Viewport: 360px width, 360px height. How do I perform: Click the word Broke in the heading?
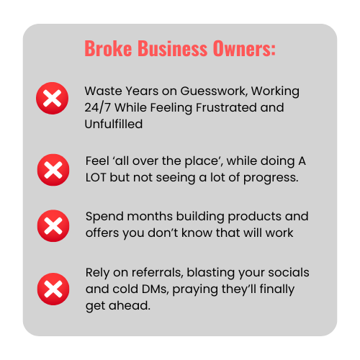pos(108,48)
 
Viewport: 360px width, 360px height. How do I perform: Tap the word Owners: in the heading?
pos(244,48)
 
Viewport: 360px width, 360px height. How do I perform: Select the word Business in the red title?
pos(173,48)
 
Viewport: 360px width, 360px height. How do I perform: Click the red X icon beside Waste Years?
pos(53,98)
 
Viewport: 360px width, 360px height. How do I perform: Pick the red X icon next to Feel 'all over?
pos(53,170)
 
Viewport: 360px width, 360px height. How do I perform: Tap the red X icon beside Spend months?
pos(53,226)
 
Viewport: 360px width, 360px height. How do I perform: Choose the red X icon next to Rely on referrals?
pos(53,289)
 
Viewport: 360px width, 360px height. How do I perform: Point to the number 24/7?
pos(97,107)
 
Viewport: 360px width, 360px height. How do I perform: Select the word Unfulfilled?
pos(114,124)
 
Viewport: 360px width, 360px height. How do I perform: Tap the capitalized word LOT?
pos(96,178)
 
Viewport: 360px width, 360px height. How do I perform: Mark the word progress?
pos(271,179)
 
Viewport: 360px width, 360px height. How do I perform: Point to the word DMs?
pos(156,289)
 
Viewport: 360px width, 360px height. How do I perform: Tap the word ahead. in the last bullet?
pos(130,305)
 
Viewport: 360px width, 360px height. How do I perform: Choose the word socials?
pos(289,272)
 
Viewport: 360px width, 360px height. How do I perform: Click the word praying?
pos(195,289)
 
